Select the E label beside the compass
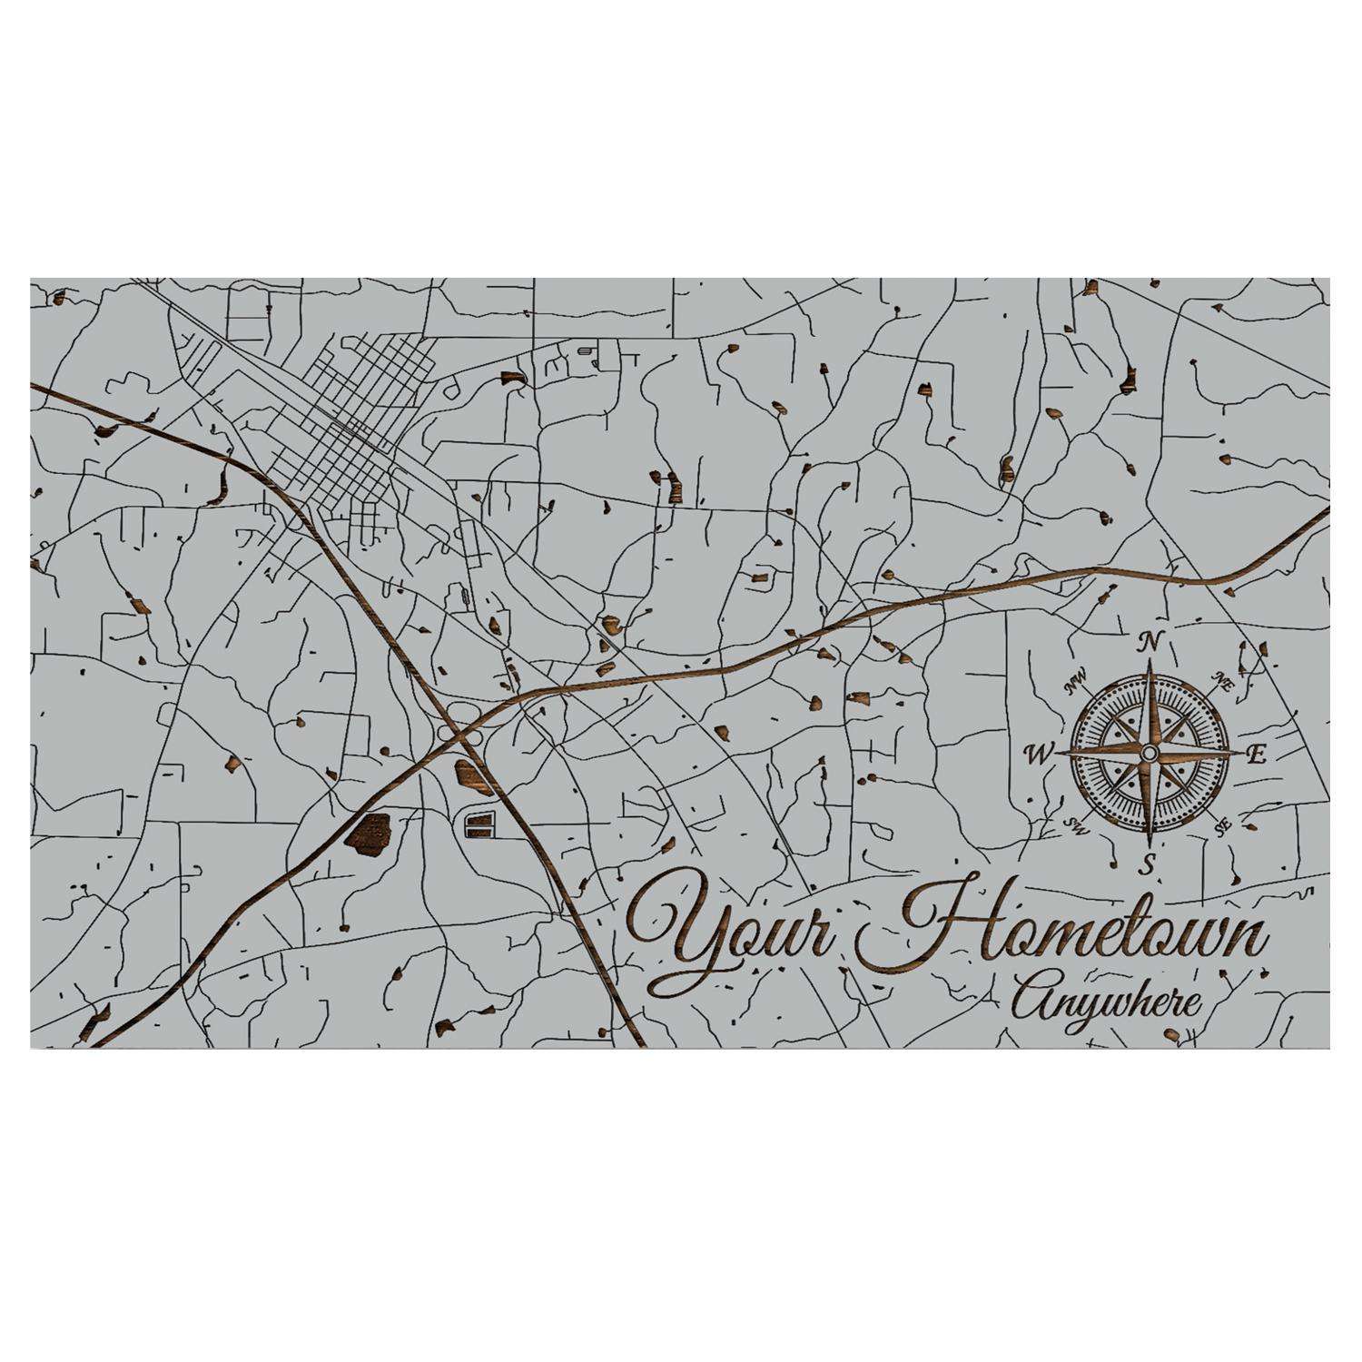pyautogui.click(x=1258, y=754)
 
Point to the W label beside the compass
pyautogui.click(x=1035, y=754)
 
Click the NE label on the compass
pyautogui.click(x=1222, y=684)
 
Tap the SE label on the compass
pyautogui.click(x=1222, y=824)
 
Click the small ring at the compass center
pyautogui.click(x=1149, y=754)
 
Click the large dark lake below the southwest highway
pyautogui.click(x=369, y=830)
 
